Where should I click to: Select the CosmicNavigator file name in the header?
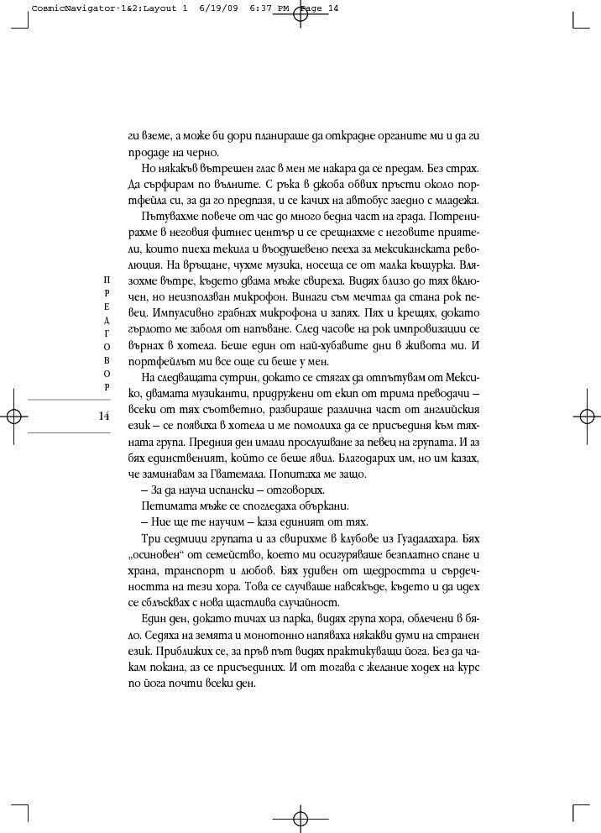tap(79, 8)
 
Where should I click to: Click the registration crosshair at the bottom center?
tap(300, 818)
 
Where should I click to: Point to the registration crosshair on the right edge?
tap(585, 416)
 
